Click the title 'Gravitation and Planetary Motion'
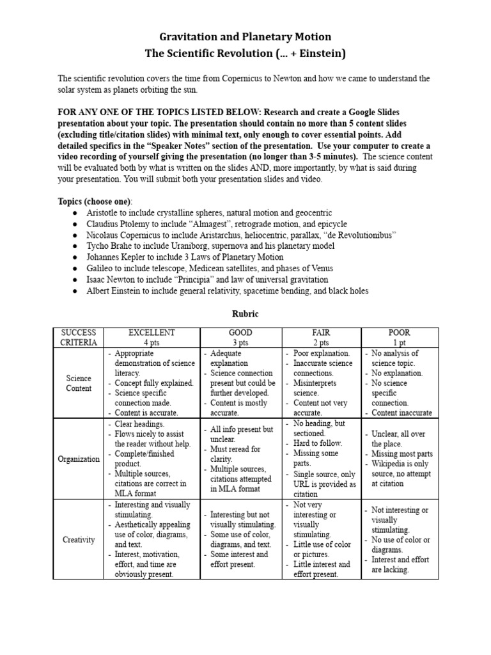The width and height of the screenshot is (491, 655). [x=245, y=37]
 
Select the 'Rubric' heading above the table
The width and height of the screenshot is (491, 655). [x=245, y=314]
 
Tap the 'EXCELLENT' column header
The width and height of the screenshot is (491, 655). [x=152, y=333]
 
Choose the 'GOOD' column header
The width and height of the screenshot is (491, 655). [x=240, y=333]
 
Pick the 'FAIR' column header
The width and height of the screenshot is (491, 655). [x=322, y=333]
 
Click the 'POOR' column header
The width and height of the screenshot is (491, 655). [x=400, y=333]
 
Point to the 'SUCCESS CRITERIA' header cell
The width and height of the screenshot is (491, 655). [x=78, y=337]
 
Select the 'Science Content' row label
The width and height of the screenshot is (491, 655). [x=79, y=383]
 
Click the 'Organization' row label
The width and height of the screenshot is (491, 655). [x=79, y=459]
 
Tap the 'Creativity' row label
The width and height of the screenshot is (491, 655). [x=79, y=539]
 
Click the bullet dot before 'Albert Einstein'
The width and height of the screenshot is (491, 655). [x=75, y=291]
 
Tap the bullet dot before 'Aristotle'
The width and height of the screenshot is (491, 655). [x=75, y=213]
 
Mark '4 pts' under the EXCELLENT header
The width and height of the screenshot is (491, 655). [x=152, y=342]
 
